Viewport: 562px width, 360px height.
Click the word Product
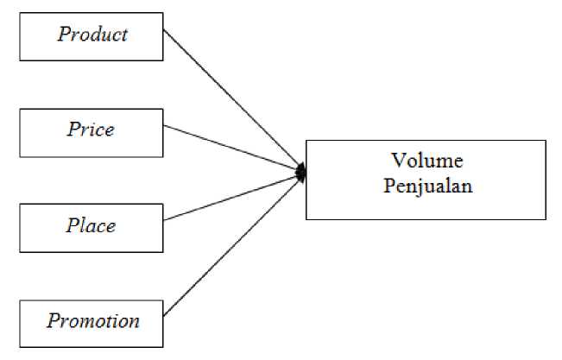click(92, 35)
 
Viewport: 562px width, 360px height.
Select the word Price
click(92, 130)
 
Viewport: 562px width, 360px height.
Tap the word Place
click(92, 226)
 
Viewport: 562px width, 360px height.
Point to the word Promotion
click(93, 322)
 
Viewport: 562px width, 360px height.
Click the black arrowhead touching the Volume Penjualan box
click(300, 173)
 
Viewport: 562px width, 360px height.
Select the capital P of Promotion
click(54, 322)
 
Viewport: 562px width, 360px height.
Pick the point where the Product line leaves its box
click(164, 30)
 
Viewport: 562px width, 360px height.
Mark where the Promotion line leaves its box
click(164, 316)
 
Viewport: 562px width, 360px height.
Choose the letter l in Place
click(80, 226)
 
